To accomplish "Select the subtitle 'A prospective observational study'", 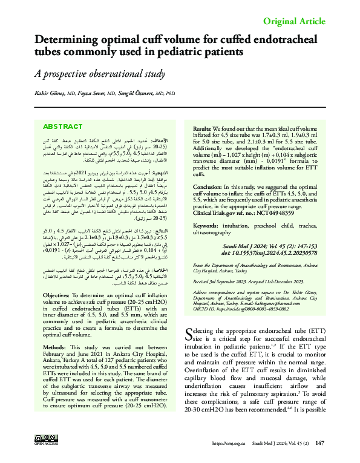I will (100, 74).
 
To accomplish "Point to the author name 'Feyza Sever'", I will (91, 94).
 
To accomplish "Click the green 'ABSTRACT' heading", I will (64, 126).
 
